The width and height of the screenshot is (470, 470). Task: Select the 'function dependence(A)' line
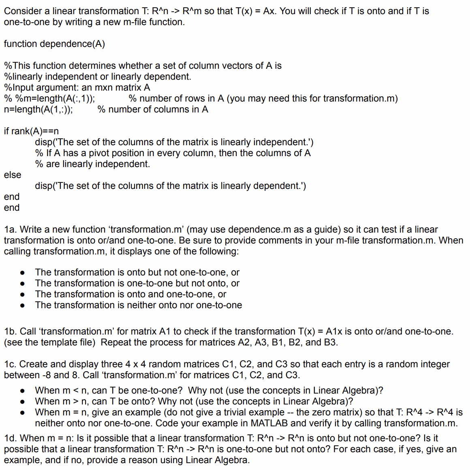54,44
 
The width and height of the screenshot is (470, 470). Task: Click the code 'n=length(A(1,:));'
38,110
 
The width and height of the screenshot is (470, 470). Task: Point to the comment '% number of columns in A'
153,110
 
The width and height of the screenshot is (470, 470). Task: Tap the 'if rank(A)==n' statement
31,131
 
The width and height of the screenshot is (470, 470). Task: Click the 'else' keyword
13,175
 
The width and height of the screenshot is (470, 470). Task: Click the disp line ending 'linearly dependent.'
170,186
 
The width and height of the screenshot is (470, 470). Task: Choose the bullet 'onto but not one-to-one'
137,273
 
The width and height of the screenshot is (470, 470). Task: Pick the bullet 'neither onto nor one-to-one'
138,305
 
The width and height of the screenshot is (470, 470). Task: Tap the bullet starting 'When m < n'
209,391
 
